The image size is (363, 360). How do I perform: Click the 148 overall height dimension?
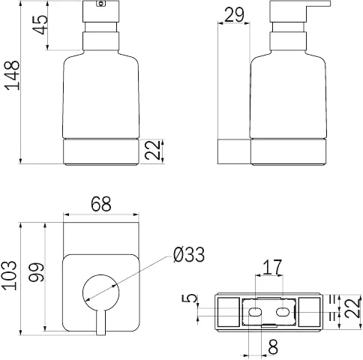[x=12, y=75]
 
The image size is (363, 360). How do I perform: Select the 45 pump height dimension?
[x=40, y=25]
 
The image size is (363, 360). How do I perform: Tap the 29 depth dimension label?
[x=234, y=15]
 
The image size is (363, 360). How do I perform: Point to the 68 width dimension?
[x=101, y=204]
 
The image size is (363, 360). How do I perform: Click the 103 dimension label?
[x=10, y=275]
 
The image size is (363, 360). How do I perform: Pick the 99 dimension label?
[x=36, y=272]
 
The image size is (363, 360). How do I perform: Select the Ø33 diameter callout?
[x=189, y=255]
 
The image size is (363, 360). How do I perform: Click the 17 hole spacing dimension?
[x=271, y=267]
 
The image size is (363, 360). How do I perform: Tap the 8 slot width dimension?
[x=272, y=347]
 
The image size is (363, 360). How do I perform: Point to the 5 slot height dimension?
[x=190, y=298]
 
